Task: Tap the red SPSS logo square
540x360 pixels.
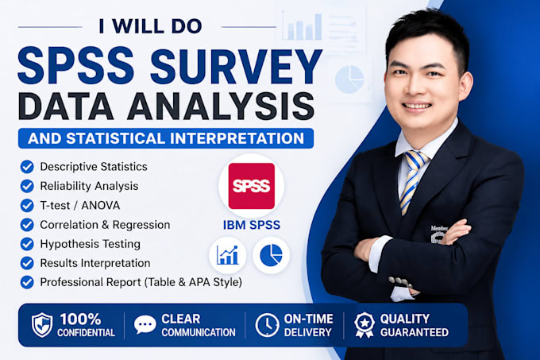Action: click(x=252, y=186)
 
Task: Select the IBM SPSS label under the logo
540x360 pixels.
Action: click(x=252, y=225)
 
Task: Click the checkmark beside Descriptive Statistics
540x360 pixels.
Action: click(x=27, y=167)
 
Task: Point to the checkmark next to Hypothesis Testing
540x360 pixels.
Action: click(x=27, y=244)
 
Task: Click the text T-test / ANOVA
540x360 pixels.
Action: click(x=80, y=205)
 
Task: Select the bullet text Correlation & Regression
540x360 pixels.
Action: click(x=105, y=225)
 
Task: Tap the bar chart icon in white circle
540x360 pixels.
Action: click(x=227, y=255)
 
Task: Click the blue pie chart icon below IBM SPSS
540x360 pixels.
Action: click(x=271, y=255)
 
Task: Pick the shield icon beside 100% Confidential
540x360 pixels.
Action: click(x=42, y=325)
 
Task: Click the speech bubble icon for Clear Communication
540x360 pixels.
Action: click(x=145, y=324)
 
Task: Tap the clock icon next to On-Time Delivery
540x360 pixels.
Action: click(x=267, y=325)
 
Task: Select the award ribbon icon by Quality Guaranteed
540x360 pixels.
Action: click(x=364, y=325)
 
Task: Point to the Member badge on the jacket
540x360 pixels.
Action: click(x=438, y=234)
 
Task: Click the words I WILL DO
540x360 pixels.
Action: click(x=151, y=26)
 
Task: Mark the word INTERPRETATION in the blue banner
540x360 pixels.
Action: click(x=237, y=138)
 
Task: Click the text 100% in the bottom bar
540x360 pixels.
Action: click(x=80, y=319)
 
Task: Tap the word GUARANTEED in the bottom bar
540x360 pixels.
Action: click(x=415, y=332)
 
